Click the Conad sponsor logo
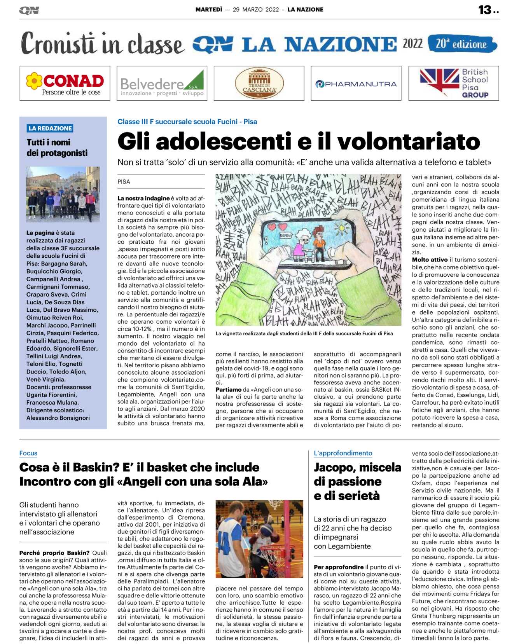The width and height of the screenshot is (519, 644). [x=65, y=83]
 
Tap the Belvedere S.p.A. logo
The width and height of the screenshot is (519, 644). [x=162, y=84]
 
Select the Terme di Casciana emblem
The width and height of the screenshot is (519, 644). [x=259, y=83]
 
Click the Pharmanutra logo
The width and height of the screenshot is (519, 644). [x=356, y=84]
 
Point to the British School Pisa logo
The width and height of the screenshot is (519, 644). [x=453, y=83]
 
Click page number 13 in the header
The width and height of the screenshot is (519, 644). [x=485, y=10]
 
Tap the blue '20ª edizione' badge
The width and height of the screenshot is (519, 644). [x=462, y=44]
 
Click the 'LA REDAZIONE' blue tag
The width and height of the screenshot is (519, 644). [x=50, y=128]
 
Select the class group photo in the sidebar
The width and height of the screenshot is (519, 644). [x=63, y=194]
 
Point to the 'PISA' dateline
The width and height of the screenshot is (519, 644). [x=124, y=182]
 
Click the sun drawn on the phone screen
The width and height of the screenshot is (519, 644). [x=343, y=227]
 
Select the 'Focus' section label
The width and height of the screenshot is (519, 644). [x=28, y=453]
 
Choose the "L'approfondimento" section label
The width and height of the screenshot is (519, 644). [x=343, y=453]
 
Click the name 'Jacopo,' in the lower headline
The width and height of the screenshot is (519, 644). [x=337, y=467]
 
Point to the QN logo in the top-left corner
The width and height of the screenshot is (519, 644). [x=29, y=10]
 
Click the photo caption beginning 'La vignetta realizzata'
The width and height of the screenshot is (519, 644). [x=304, y=333]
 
